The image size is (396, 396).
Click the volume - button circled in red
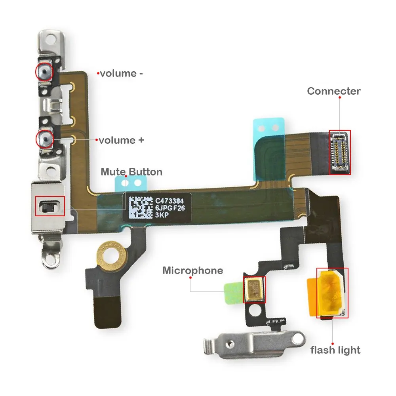click(44, 72)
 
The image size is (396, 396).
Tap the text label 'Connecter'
click(333, 91)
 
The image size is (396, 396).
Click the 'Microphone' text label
click(193, 271)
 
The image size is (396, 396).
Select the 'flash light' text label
click(335, 350)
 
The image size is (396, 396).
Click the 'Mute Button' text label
click(131, 172)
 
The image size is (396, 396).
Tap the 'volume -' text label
click(122, 74)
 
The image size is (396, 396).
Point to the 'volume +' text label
click(121, 141)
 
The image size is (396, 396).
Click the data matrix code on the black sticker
click(141, 208)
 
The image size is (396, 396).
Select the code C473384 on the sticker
click(169, 201)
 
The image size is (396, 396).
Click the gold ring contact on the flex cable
click(111, 255)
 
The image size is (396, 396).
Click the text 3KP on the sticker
click(162, 215)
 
